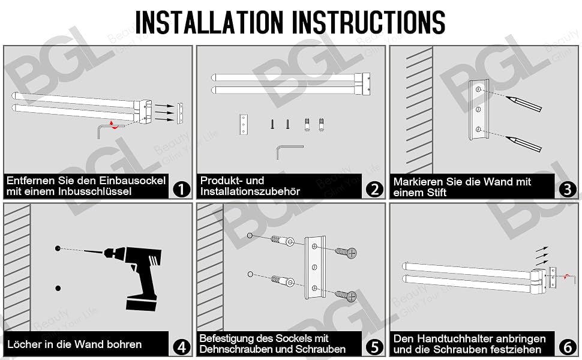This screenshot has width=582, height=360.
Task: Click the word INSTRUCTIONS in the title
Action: coord(369,22)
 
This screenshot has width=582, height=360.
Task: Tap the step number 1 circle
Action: coord(181,189)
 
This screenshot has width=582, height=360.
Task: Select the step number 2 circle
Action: coord(374,189)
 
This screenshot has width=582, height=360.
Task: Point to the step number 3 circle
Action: coord(568,189)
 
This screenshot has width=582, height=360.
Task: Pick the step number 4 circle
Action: coord(181,347)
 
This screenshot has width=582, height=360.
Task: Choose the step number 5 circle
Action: coord(374,347)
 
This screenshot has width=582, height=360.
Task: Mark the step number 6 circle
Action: coord(568,347)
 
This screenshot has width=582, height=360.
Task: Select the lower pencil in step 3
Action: coord(523,143)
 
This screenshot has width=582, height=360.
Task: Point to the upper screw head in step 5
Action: coord(351,253)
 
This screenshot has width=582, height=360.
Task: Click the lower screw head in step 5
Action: coord(351,296)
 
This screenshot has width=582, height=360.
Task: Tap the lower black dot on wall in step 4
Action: coord(58,288)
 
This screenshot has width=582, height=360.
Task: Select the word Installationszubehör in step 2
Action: coord(250,191)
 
